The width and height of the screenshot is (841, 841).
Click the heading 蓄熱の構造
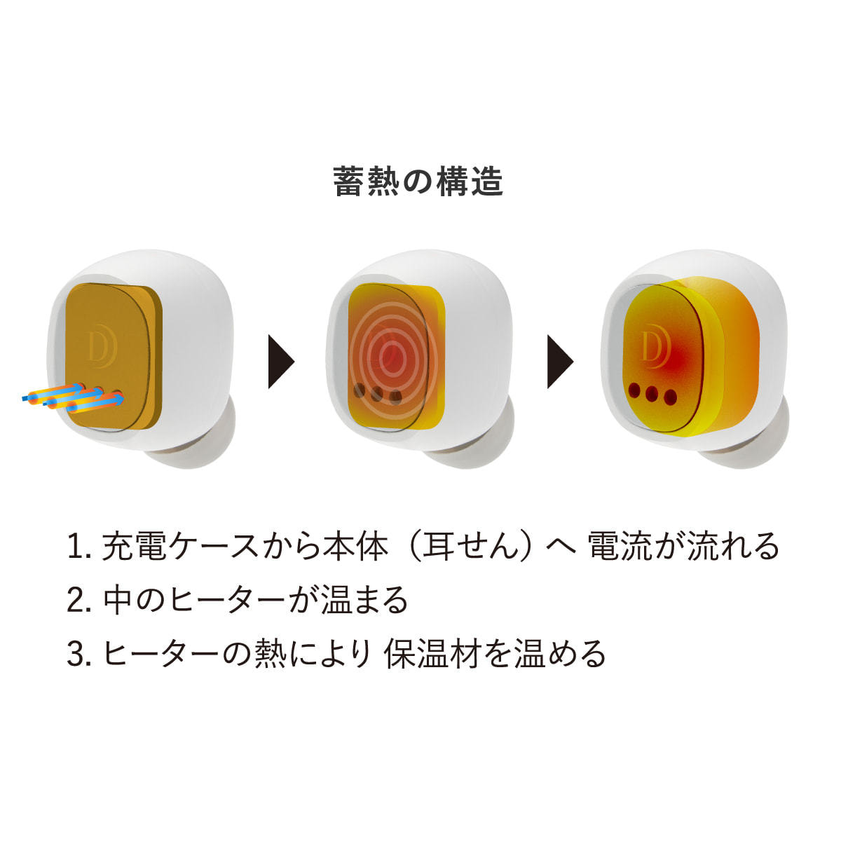pos(418,182)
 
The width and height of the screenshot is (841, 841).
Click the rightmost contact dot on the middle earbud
pos(396,399)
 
